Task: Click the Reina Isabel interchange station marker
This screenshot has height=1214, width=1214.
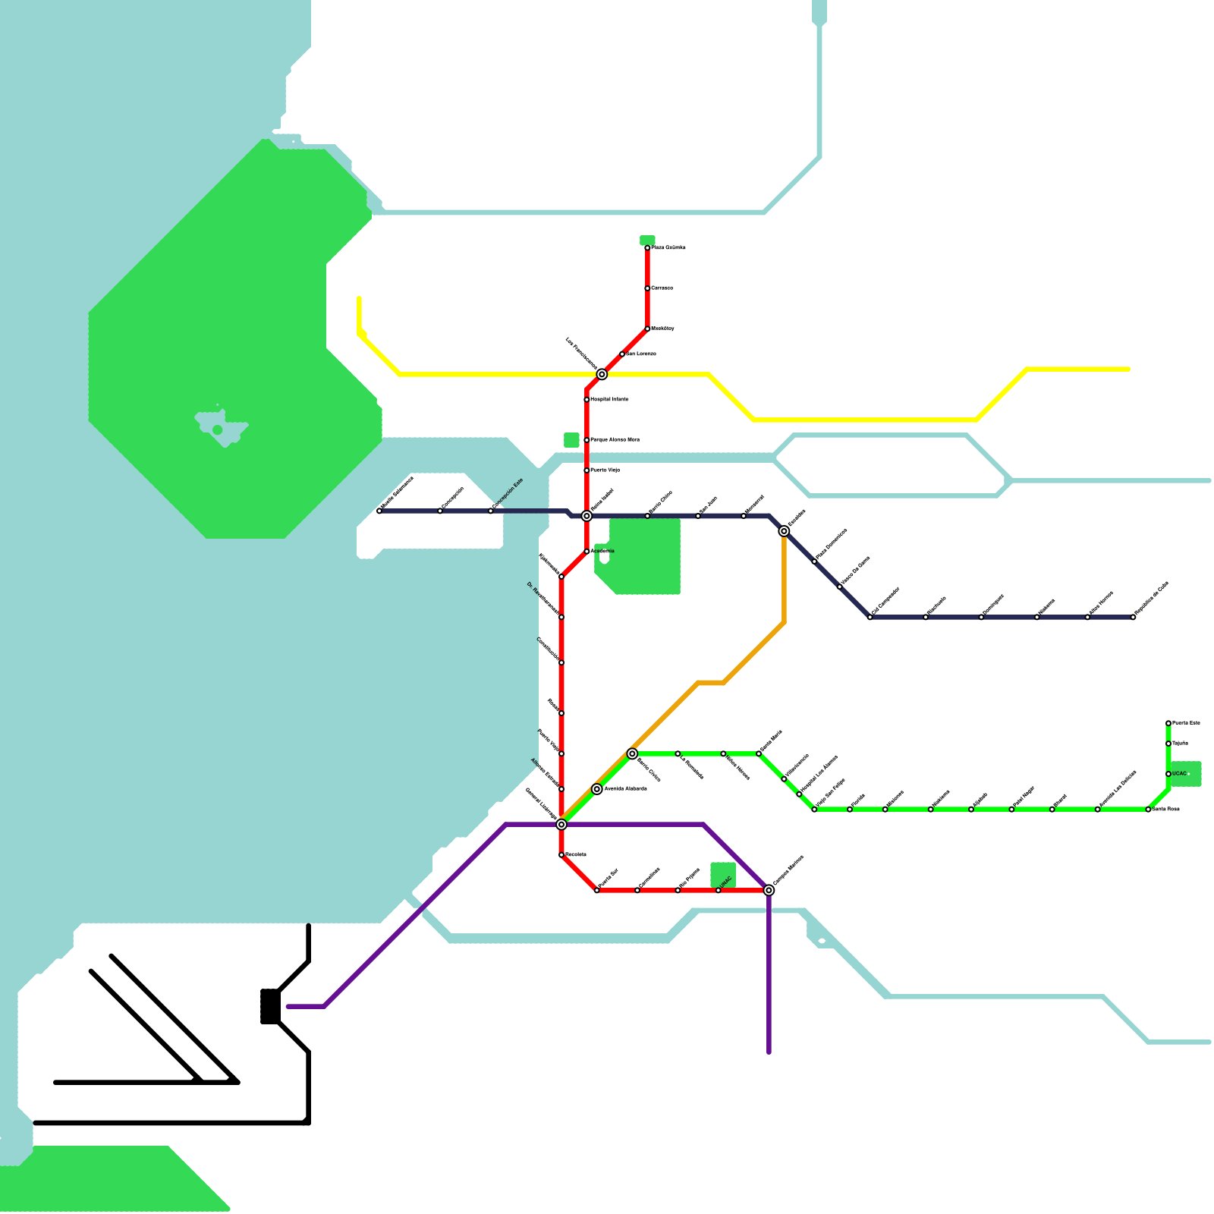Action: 587,516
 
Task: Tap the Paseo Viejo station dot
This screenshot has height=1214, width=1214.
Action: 587,470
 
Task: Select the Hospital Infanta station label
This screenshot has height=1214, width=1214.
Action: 609,399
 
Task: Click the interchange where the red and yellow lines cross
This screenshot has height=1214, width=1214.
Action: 602,374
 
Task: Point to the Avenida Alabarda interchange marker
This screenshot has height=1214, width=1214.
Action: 597,789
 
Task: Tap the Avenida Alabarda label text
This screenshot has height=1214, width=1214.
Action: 626,789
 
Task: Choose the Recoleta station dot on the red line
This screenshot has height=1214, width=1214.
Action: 561,855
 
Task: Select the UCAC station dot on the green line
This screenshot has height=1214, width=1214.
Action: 1168,774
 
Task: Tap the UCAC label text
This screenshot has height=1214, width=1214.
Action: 1179,774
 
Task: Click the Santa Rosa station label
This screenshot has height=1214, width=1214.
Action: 1166,810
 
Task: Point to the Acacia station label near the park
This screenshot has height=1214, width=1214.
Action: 602,551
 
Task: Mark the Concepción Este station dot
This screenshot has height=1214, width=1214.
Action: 491,511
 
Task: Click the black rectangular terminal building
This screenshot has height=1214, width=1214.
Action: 270,1006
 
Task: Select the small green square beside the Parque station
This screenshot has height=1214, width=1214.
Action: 571,440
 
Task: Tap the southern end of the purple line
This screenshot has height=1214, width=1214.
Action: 769,1052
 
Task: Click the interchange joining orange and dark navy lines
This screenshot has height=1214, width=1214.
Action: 784,531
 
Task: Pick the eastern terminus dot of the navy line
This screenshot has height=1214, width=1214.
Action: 1133,618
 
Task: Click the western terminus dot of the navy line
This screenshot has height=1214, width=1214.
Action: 379,511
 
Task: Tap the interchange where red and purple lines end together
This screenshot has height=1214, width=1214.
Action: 769,890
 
